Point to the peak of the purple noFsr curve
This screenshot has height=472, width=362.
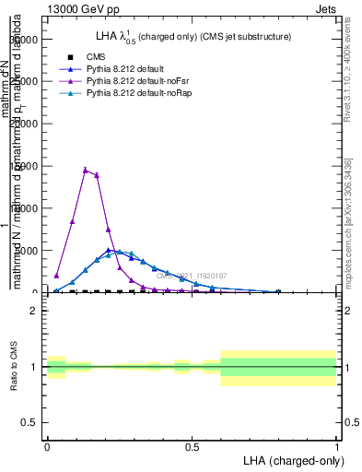pos(86,170)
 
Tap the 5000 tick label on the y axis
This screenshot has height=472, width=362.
pos(28,250)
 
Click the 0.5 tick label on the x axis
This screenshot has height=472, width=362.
pos(192,447)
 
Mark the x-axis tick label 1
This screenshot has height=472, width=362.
pos(337,447)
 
